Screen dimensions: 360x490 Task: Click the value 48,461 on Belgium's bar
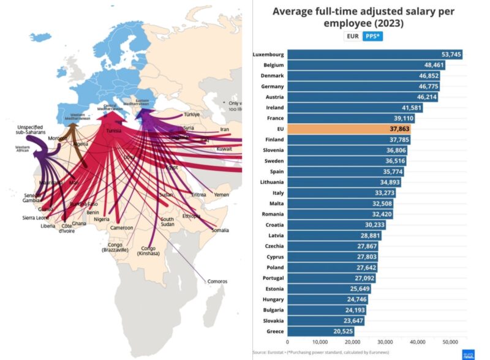click(432, 65)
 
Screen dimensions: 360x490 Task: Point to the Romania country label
click(272, 214)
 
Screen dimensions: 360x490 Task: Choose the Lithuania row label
click(270, 182)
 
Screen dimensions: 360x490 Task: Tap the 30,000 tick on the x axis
click(385, 341)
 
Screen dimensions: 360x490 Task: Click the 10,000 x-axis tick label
click(320, 341)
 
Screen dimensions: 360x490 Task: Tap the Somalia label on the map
click(221, 230)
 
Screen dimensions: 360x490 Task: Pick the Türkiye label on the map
click(192, 114)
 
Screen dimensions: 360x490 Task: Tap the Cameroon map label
click(121, 228)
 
